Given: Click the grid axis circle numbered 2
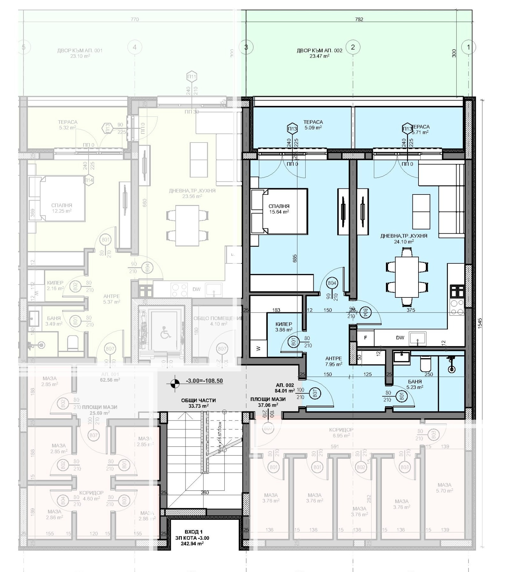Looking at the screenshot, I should [x=353, y=47].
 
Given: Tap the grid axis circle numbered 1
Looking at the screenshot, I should [x=468, y=47].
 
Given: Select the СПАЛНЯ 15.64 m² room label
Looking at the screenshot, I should [x=279, y=209].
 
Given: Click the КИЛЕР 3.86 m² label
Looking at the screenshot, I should [x=284, y=327].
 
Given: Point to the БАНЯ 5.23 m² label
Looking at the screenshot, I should [x=414, y=384].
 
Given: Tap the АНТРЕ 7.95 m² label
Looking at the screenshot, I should [x=334, y=361].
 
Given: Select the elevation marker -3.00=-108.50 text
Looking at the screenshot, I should [x=204, y=381].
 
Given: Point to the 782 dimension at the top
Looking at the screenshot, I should [x=359, y=19].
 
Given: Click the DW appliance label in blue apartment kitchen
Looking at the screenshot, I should [x=400, y=338].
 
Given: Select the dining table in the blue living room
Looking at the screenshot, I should [x=406, y=277].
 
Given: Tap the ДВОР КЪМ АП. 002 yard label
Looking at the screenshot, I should [x=319, y=53].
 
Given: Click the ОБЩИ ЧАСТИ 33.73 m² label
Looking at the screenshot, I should [x=198, y=403].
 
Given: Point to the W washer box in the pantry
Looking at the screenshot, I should [x=258, y=348].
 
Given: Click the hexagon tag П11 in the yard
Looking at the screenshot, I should [x=192, y=77].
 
